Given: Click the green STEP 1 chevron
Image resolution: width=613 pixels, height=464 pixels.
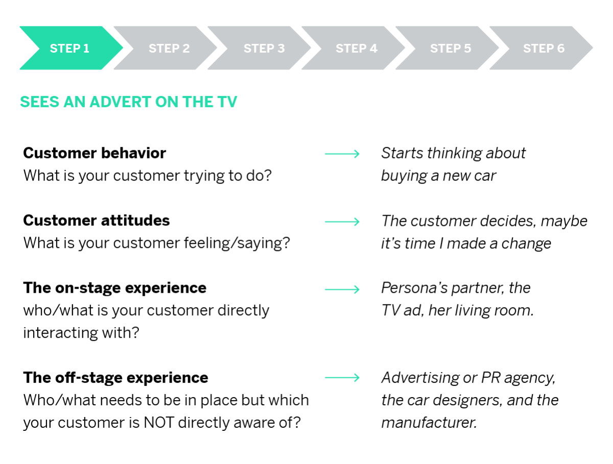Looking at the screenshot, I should (x=69, y=48).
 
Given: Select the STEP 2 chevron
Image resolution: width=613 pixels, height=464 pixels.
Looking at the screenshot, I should (x=169, y=48).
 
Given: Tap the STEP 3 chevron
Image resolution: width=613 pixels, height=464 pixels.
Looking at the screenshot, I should (x=264, y=48).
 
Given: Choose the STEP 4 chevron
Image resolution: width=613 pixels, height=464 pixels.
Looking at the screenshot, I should (x=357, y=48).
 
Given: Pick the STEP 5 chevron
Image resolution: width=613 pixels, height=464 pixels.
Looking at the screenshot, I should (x=451, y=48).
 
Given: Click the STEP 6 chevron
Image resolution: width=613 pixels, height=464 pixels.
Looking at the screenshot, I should (x=544, y=48).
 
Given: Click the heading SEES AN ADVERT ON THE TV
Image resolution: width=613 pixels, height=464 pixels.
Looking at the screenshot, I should (x=128, y=102).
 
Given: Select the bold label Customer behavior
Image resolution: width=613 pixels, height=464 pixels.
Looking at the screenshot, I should (x=95, y=153).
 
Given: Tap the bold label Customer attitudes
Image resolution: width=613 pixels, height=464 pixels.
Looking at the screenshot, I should (x=96, y=220).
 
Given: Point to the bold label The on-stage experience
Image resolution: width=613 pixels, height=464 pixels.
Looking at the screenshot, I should (x=114, y=288).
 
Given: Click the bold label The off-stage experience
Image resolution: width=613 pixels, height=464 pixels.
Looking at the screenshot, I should (x=115, y=378).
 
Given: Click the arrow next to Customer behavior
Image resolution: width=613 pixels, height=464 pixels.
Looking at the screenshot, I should (x=342, y=154).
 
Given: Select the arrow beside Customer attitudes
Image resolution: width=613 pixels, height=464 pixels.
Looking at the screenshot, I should (x=342, y=221).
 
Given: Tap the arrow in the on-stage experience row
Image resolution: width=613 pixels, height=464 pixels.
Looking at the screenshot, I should (x=342, y=289).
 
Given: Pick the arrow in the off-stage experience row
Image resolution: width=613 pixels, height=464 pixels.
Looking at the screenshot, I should (x=342, y=378).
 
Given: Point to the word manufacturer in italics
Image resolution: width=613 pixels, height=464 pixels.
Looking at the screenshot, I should (x=428, y=423).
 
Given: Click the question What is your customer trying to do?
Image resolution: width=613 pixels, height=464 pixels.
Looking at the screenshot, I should (x=147, y=176).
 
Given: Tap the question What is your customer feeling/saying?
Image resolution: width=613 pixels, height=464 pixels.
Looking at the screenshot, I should (x=156, y=243).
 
